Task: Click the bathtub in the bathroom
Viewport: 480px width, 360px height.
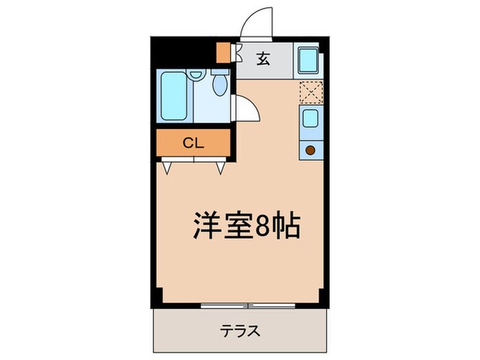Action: [x=173, y=97]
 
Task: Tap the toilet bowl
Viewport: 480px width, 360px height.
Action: [x=220, y=85]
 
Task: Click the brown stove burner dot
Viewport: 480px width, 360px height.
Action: [x=310, y=149]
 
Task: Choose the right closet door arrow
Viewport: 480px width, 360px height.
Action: [x=220, y=167]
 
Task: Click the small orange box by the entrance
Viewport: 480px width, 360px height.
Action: [x=223, y=51]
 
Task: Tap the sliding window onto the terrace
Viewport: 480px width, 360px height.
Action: [x=248, y=305]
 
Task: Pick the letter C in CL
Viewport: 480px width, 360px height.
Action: [x=187, y=143]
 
